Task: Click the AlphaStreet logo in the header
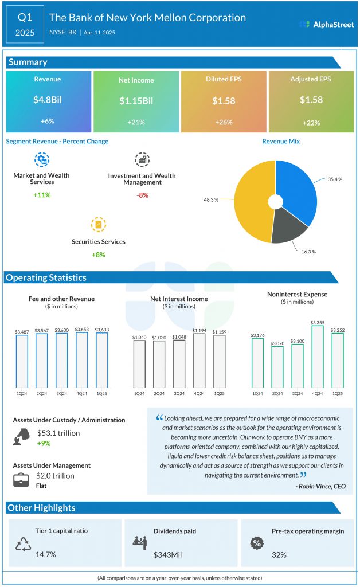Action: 326,24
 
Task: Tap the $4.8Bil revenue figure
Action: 48,100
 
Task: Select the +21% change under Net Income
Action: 135,122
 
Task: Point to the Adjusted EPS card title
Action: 311,80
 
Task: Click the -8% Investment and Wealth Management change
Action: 142,195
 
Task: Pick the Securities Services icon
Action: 99,224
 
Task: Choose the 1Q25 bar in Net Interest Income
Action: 219,360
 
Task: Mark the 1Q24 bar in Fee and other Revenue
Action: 22,361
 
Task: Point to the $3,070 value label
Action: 278,342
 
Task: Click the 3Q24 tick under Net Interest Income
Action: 179,393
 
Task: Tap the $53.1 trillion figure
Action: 58,433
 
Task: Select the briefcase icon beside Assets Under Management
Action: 21,479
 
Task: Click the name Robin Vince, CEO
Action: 320,486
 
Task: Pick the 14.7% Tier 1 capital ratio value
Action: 45,555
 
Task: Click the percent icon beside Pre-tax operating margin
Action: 257,542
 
